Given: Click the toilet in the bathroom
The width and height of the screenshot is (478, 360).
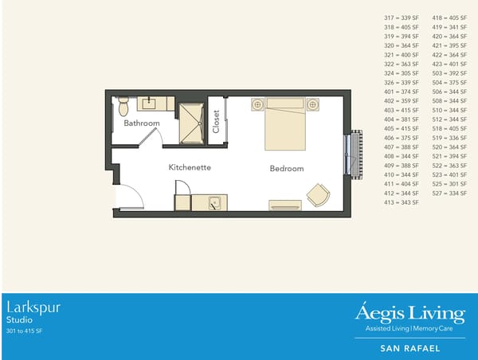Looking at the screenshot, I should (123, 105).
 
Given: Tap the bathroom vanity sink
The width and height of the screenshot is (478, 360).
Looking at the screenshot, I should (151, 103).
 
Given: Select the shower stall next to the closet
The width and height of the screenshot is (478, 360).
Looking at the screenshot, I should (191, 123).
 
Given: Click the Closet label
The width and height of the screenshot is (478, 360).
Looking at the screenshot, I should (216, 121).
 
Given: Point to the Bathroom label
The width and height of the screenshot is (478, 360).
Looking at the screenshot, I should (142, 123).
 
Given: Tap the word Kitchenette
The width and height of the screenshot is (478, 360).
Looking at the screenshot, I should (190, 168).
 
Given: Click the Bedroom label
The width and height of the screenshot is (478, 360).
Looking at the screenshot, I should (286, 169).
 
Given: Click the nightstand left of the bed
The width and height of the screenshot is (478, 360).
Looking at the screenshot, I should (257, 104).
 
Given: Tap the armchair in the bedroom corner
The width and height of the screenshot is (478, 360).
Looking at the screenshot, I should (318, 194).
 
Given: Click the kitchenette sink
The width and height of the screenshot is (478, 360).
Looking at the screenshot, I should (214, 203).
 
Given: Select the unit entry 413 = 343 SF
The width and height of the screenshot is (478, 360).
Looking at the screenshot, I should (397, 203).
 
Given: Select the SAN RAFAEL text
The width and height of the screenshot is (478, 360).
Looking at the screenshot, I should (409, 347).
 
